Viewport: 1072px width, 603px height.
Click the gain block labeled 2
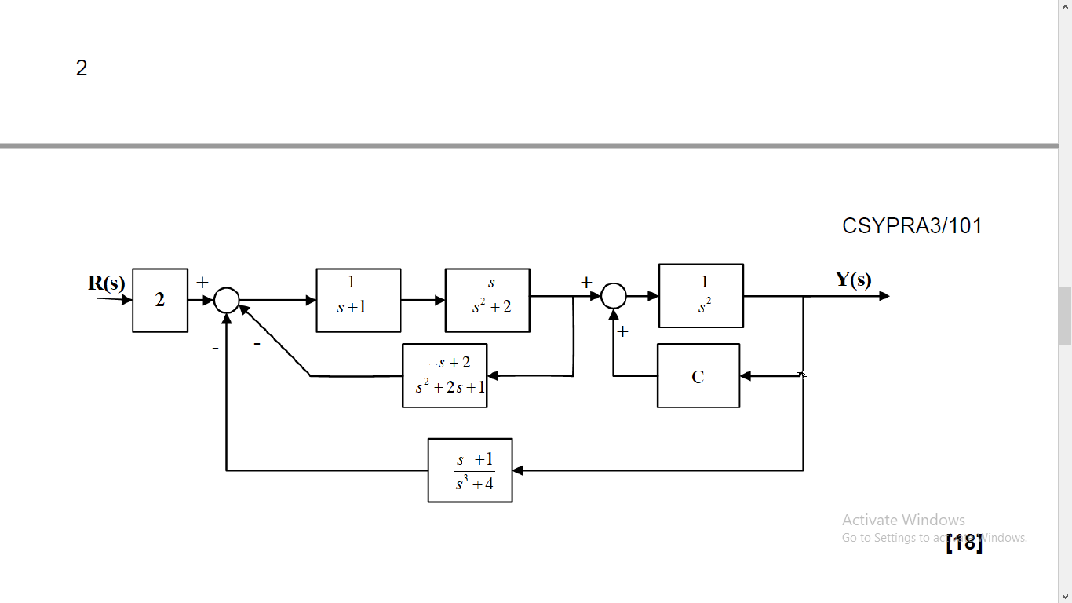coord(160,300)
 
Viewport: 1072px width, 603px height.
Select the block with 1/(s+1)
coord(359,300)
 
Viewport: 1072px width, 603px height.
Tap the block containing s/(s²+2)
coord(487,300)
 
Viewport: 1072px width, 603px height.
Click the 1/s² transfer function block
coord(701,295)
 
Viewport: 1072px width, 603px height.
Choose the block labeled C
coord(698,376)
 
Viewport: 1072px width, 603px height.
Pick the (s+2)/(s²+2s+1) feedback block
coord(445,375)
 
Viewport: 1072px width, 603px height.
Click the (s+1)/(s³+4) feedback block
coord(470,470)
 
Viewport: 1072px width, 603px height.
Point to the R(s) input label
coord(106,283)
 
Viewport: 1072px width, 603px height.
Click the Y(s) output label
coord(853,280)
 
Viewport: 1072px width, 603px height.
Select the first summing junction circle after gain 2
coord(226,299)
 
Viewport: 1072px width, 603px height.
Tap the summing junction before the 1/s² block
coord(614,296)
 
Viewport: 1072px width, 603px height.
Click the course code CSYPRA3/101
coord(912,226)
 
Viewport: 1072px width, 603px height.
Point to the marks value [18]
coord(964,543)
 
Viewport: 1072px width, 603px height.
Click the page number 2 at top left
coord(82,68)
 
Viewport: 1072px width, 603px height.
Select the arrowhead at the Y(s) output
coord(884,296)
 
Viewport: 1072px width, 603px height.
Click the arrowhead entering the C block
coord(746,376)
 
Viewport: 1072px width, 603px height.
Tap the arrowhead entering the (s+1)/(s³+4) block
coord(518,470)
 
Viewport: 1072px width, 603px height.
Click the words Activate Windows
coord(903,520)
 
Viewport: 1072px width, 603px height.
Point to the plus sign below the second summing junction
coord(622,332)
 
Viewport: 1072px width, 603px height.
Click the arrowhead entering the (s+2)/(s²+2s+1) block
coord(493,376)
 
